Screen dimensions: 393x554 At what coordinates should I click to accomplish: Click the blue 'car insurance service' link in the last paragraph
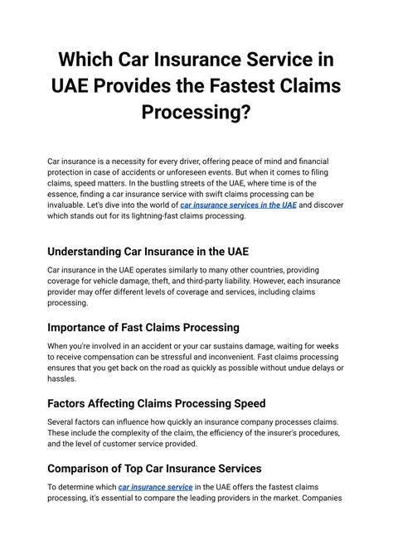coord(155,487)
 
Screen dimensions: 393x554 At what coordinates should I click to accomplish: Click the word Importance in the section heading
coord(85,326)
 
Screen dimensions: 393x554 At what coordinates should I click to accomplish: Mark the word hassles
coord(64,379)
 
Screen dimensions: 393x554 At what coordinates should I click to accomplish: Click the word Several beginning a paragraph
coord(63,421)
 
